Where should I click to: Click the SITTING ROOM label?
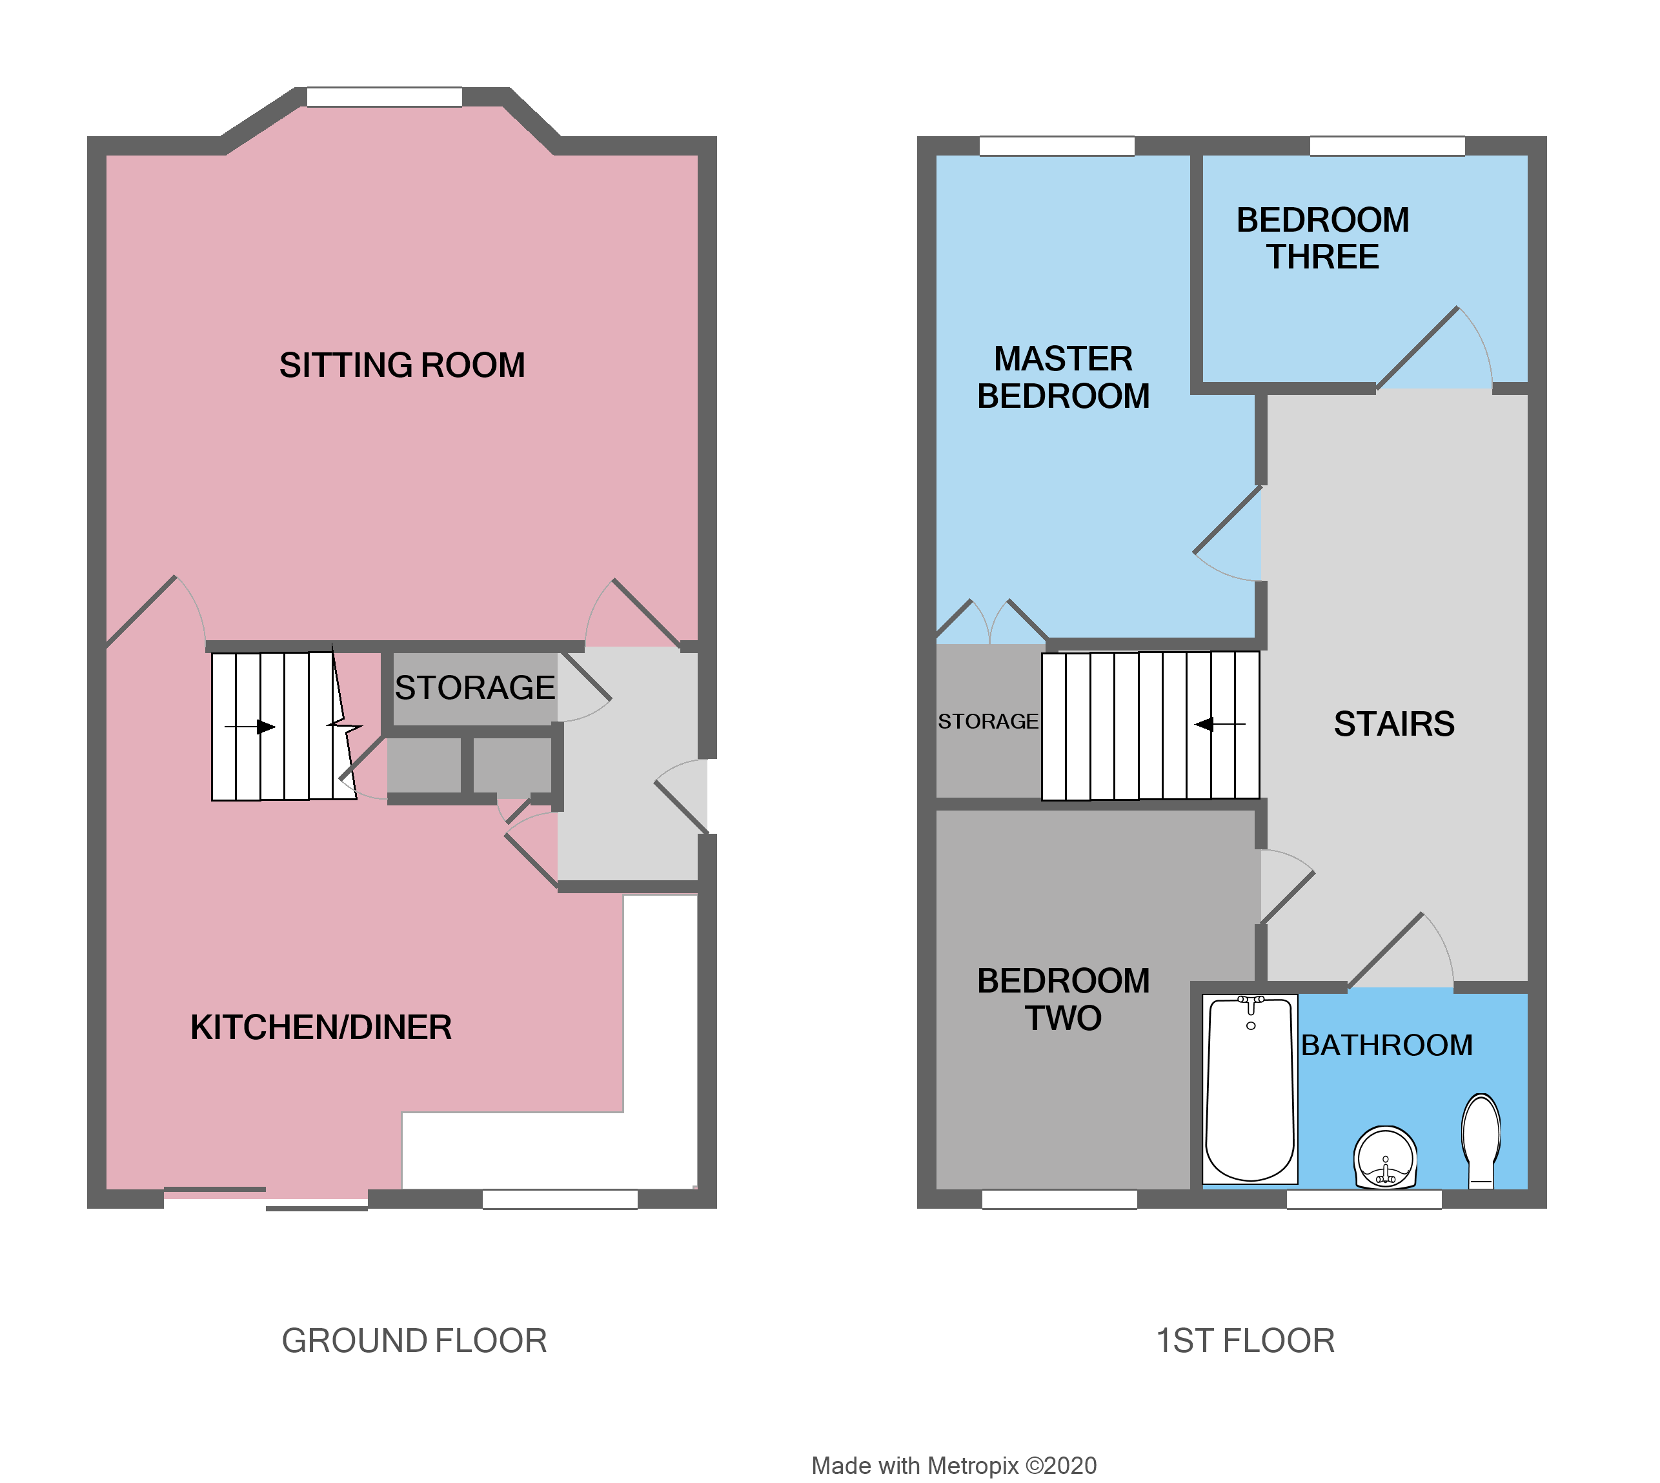tap(401, 365)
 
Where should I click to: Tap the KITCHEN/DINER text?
tap(321, 1027)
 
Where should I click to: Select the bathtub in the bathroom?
tap(1250, 1089)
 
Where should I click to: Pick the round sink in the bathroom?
tap(1384, 1157)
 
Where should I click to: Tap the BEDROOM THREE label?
tap(1322, 238)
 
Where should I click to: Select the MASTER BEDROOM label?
tap(1064, 378)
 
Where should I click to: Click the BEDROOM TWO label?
tap(1064, 999)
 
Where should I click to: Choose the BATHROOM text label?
tap(1386, 1045)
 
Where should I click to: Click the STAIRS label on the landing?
tap(1393, 724)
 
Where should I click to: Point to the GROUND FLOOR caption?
tap(414, 1340)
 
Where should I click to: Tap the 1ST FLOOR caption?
tap(1245, 1340)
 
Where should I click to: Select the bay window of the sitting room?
tap(384, 97)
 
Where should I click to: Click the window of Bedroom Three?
tap(1387, 146)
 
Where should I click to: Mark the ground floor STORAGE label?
tap(474, 688)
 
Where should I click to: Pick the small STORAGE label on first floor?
tap(987, 721)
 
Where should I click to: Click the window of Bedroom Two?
tap(1058, 1198)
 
